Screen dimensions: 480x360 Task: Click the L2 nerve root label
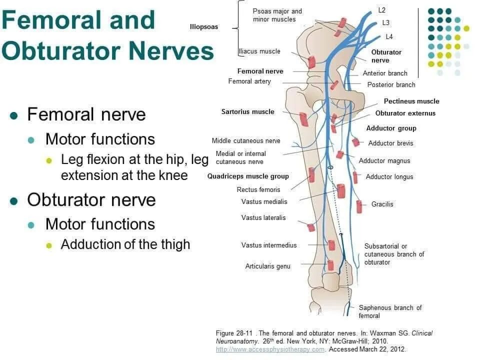(x=381, y=10)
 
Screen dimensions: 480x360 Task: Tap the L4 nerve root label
(x=389, y=36)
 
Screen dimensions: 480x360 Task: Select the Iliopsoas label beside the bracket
(x=204, y=27)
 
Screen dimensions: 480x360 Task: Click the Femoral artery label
(x=249, y=81)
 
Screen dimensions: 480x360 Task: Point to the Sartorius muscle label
(x=247, y=111)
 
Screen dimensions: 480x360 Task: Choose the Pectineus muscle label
(x=411, y=101)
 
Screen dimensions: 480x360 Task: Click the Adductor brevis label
(x=390, y=143)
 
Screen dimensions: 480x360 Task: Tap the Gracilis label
(x=382, y=204)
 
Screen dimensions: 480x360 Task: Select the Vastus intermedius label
(x=269, y=245)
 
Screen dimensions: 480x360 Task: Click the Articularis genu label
(x=267, y=266)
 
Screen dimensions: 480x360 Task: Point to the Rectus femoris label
(x=258, y=190)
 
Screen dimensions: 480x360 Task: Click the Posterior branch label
(x=391, y=85)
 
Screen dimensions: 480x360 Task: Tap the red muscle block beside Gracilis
(x=359, y=206)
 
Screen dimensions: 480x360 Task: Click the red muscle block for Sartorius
(x=303, y=119)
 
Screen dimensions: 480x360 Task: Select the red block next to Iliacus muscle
(x=311, y=62)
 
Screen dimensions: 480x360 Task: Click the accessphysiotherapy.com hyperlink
(x=270, y=349)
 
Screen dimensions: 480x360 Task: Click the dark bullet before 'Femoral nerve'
(x=14, y=115)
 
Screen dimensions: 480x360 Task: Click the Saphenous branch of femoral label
(x=390, y=312)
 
